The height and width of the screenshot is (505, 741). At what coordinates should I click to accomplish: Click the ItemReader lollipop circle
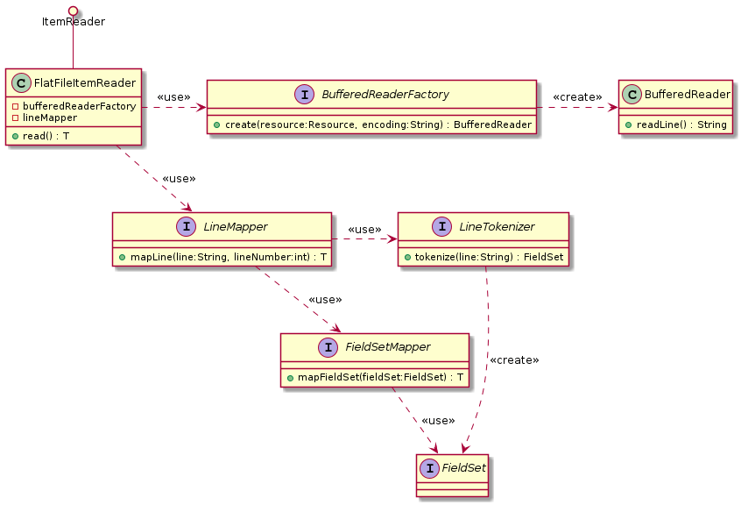74,9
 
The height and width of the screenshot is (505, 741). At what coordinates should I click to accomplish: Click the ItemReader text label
74,22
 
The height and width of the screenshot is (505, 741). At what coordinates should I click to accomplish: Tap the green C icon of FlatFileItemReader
24,83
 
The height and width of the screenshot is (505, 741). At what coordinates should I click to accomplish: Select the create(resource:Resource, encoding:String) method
371,124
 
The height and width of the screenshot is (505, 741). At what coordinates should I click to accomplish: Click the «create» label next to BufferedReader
577,96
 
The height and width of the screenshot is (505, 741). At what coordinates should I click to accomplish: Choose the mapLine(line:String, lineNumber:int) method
222,257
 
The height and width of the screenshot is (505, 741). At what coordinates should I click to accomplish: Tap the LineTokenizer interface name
498,227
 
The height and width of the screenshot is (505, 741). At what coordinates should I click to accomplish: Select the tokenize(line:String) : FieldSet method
483,257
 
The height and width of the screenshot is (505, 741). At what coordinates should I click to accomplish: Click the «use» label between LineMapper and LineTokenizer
364,230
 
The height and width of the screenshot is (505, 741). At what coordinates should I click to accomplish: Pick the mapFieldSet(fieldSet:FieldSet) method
374,377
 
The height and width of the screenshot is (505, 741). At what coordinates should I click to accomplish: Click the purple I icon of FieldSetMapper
327,347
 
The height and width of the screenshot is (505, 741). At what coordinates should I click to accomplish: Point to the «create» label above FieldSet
514,360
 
